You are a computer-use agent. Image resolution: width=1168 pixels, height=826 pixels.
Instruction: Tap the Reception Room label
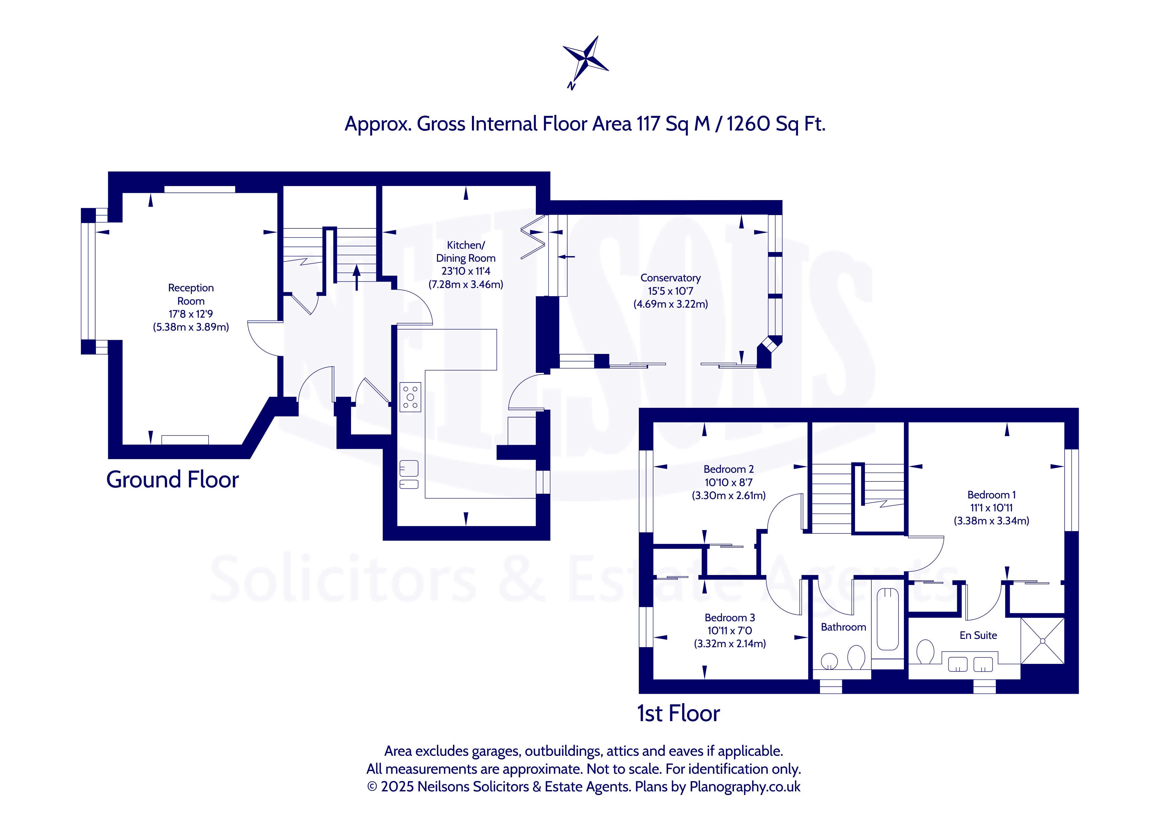(191, 295)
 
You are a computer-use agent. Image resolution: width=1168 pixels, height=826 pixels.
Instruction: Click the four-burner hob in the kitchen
(410, 397)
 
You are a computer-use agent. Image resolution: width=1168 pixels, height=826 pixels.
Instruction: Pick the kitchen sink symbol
(409, 474)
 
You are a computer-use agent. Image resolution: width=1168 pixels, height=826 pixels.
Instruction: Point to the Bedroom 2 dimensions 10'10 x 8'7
(728, 482)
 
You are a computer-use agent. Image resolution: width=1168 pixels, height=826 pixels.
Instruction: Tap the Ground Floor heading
(173, 480)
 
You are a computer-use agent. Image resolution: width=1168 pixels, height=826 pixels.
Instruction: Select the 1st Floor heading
(679, 713)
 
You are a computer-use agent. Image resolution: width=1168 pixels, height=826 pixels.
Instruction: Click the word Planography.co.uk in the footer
(745, 787)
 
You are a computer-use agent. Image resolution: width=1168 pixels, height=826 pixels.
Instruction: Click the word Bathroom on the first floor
(843, 627)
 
